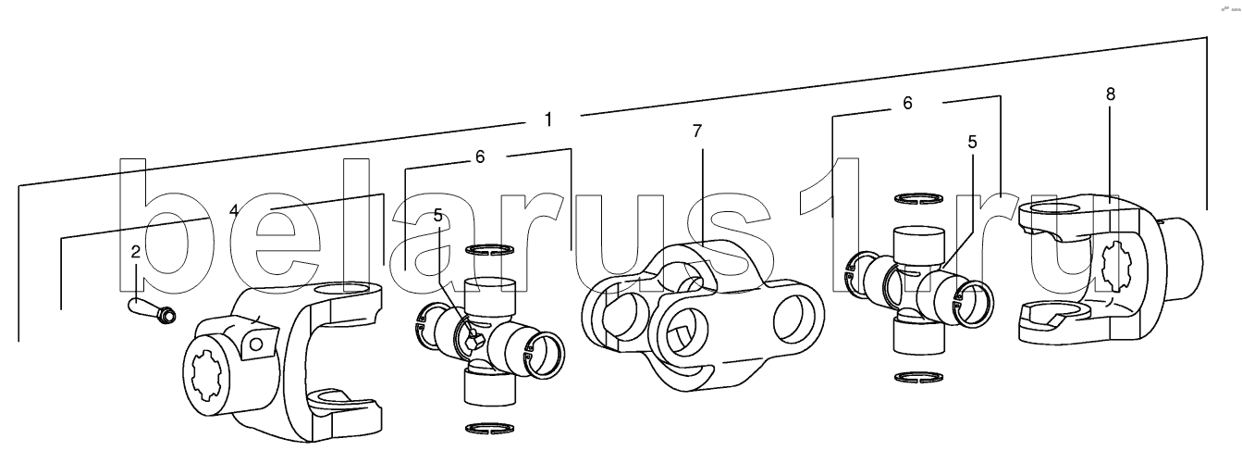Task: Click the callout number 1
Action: click(548, 119)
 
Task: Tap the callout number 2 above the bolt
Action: click(135, 251)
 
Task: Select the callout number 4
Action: click(234, 210)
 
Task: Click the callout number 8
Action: click(1110, 94)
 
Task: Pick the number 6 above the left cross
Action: click(479, 157)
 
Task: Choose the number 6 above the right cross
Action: click(907, 104)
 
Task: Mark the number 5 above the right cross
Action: click(972, 143)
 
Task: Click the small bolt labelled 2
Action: click(152, 309)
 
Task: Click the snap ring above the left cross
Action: click(487, 248)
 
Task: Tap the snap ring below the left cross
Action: click(487, 427)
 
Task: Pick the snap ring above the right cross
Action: click(917, 197)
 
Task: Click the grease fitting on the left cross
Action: click(472, 342)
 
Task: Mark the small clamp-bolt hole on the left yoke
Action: click(255, 345)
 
